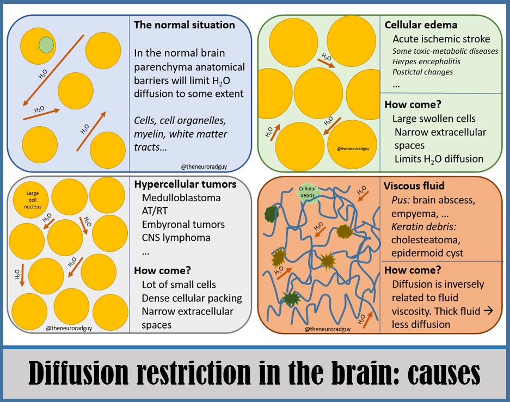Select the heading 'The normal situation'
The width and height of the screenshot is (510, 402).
185,25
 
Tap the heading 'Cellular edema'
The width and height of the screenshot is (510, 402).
421,25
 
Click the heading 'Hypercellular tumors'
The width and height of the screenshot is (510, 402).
185,184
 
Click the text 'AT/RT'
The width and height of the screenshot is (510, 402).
156,211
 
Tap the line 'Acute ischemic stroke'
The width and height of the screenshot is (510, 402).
441,39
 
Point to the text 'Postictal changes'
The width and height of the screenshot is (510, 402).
423,72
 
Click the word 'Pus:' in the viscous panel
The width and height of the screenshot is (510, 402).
402,200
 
